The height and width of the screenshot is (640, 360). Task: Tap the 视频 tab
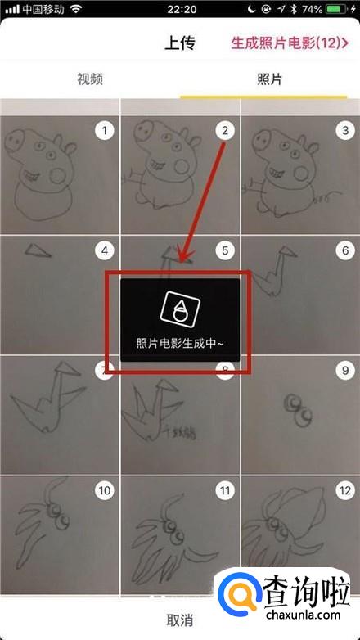[90, 79]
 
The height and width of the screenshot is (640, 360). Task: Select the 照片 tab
[269, 79]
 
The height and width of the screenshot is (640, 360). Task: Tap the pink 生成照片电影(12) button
[290, 43]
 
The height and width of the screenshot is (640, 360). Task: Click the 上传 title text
[180, 43]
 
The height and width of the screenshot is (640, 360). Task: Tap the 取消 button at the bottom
[180, 620]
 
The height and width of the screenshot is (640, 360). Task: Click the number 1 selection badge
[105, 131]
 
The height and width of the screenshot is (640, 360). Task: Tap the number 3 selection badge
[345, 131]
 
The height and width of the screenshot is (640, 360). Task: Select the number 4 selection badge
[105, 251]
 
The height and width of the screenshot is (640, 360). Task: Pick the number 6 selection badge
[345, 251]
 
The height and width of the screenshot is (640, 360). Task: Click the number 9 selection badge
[345, 371]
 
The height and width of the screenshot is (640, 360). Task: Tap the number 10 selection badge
[105, 490]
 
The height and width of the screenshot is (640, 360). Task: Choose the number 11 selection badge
[225, 490]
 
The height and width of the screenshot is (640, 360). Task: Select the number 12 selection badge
[345, 490]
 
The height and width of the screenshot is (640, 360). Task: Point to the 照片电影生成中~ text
[180, 344]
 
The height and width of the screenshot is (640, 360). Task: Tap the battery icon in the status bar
[336, 8]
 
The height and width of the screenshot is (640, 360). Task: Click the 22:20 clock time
[182, 9]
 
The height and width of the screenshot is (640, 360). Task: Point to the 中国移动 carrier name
[44, 9]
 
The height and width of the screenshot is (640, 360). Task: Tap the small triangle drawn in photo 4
[38, 250]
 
